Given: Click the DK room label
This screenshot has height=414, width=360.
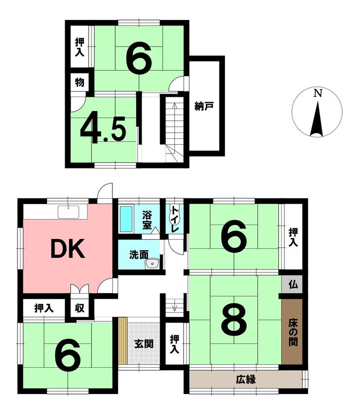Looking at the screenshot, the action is pos(68,248).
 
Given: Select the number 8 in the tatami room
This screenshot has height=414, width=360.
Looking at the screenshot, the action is pos(234,319).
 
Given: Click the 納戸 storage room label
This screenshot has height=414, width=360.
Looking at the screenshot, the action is pos(204,106).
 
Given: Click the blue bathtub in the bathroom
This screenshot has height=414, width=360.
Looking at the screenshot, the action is pos(126,219).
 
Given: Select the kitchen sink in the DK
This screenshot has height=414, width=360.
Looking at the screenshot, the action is pos(69,212).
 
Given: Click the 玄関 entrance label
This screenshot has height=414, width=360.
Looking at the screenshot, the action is pos(144,344).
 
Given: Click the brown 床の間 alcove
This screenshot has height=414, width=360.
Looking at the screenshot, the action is pos(292,332).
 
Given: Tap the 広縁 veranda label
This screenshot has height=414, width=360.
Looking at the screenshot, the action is pos(246,380).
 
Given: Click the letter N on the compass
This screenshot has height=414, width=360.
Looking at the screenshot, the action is pos(318,93).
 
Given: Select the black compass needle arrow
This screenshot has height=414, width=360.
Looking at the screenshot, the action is pos(317,119).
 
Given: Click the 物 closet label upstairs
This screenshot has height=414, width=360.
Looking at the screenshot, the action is pos(80,82).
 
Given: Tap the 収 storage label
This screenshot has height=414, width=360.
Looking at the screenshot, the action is pos(79,308).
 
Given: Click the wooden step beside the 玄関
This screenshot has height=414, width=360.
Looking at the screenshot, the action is pos(123,341).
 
